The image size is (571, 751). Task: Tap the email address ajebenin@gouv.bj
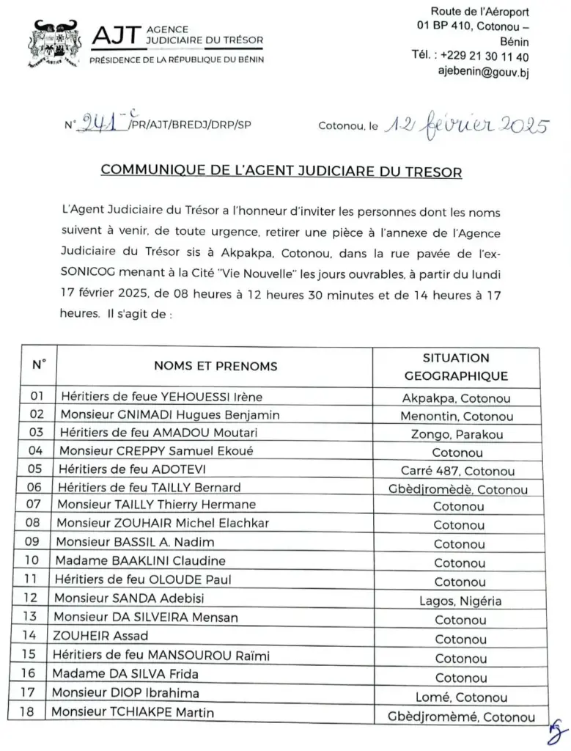[484, 71]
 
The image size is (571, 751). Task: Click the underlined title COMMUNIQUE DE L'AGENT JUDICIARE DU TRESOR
[281, 171]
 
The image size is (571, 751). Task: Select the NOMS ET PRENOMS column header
[215, 366]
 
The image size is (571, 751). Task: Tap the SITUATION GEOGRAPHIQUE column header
[455, 367]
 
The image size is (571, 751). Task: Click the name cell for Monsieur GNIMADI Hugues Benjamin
[170, 415]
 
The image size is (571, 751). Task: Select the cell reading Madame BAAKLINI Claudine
[142, 561]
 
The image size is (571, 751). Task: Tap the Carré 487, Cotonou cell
[457, 471]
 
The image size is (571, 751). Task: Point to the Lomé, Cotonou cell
[460, 697]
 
